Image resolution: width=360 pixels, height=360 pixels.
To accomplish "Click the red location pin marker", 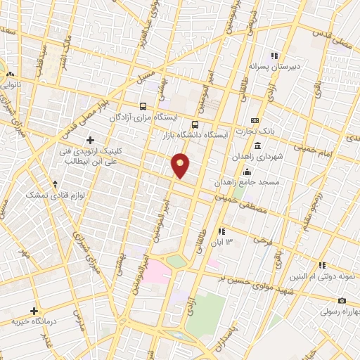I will [x=181, y=165].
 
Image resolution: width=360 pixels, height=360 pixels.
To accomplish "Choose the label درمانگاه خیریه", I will [x=33, y=321].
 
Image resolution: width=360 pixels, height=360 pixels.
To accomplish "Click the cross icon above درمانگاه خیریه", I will [x=34, y=310].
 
